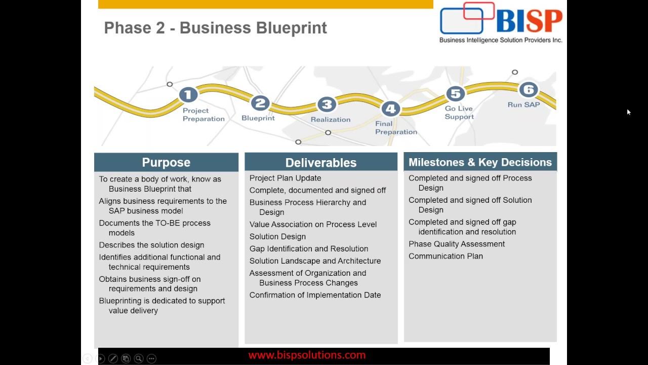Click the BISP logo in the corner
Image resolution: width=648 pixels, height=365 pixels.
500,23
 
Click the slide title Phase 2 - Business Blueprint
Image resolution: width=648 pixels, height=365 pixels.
215,28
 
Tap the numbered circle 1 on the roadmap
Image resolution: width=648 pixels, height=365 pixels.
188,95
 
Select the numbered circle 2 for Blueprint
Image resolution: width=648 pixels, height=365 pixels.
260,103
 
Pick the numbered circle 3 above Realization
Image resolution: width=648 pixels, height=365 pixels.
327,104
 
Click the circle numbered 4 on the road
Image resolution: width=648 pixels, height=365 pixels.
390,108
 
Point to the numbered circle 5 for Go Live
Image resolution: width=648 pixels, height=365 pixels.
456,94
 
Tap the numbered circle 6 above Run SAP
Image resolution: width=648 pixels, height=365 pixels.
528,90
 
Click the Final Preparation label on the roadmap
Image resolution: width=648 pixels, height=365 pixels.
396,128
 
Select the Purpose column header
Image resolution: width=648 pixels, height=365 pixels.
166,162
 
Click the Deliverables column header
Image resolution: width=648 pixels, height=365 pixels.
321,162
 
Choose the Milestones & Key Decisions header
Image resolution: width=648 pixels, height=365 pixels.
480,162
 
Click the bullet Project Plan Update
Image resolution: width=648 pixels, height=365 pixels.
285,178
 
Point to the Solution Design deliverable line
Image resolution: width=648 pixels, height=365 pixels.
277,237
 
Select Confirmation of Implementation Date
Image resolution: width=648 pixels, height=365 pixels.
315,295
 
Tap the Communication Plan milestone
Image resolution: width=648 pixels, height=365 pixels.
445,256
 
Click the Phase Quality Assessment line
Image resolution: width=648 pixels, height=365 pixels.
457,244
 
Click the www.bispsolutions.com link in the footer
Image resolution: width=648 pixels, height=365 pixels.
307,355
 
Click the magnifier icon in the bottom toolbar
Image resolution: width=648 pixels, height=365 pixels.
138,358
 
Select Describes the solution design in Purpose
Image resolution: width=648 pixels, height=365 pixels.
151,245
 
